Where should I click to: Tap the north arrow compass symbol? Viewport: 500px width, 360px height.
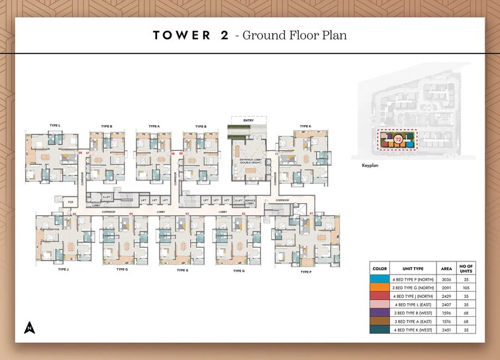coord(29,327)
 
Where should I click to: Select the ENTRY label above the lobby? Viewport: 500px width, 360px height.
coord(248,120)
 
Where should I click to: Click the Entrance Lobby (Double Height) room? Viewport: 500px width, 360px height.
coord(249,160)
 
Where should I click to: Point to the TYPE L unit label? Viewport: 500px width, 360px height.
coord(55,125)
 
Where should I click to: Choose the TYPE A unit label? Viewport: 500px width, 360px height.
coord(154,125)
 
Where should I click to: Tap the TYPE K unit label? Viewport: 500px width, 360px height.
coord(305,125)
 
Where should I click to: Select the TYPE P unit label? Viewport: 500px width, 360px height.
coord(305,272)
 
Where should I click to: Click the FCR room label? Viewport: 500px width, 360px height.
coord(71,202)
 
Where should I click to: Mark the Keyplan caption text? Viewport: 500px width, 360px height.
coord(370,165)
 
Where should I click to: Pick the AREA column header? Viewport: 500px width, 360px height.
coord(447,269)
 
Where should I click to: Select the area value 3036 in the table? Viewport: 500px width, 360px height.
coord(447,280)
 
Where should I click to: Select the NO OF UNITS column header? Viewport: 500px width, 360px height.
coord(467,269)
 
